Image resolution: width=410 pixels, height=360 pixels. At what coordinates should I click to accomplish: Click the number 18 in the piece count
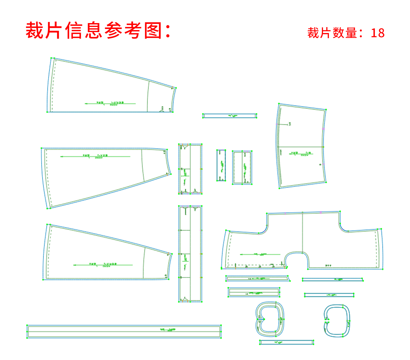click(377, 33)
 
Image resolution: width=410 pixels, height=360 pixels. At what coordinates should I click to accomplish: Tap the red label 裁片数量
click(332, 33)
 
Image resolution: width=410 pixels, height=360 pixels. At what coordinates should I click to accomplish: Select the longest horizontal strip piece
click(124, 332)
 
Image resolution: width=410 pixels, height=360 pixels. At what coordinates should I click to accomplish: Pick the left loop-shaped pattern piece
click(269, 319)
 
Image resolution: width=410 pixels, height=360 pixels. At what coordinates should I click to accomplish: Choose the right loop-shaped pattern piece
click(337, 321)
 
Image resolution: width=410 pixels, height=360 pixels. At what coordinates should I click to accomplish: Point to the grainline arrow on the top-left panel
click(110, 103)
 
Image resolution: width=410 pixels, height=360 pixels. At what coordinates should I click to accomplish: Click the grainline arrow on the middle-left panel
click(95, 156)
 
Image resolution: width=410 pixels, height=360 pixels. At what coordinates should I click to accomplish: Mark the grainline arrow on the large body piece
click(260, 254)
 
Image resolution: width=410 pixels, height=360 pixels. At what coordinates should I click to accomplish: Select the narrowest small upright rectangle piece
click(221, 165)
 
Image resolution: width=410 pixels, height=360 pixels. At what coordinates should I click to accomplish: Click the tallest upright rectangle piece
click(190, 254)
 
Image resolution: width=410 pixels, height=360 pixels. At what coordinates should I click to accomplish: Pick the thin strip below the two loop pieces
click(286, 342)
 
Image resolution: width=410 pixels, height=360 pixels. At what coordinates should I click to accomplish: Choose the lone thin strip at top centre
click(229, 116)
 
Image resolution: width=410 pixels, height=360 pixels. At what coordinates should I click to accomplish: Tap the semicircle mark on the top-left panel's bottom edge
click(162, 111)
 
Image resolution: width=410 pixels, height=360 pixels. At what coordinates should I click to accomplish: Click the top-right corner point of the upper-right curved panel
click(326, 110)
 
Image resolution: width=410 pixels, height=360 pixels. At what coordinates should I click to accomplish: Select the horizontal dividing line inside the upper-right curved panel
click(301, 147)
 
